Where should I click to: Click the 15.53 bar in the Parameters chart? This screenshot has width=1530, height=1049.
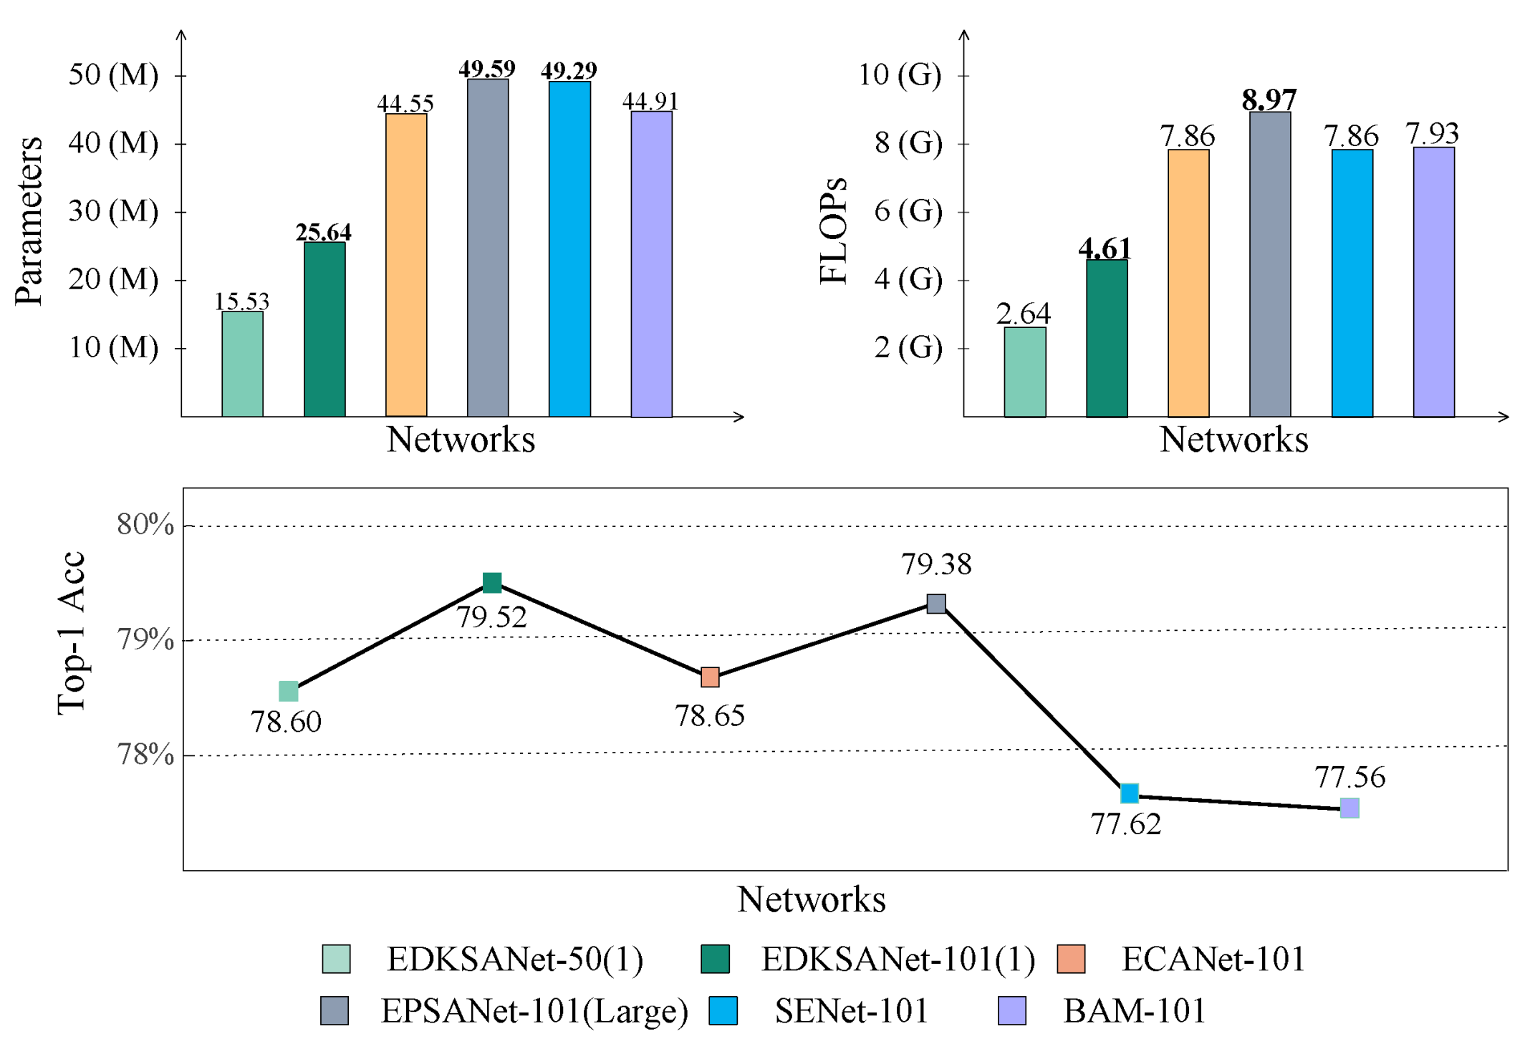tap(242, 364)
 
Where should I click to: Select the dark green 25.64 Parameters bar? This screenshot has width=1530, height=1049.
tap(324, 329)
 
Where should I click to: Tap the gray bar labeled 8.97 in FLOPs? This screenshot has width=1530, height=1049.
tap(1269, 264)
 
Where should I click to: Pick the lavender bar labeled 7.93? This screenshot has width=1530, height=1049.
tap(1433, 282)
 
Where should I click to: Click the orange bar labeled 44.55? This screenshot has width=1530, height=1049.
tap(406, 265)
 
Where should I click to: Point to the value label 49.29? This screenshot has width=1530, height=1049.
tap(569, 70)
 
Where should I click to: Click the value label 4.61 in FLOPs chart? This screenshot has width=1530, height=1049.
tap(1105, 248)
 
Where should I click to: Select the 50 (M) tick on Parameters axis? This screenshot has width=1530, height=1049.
tap(113, 74)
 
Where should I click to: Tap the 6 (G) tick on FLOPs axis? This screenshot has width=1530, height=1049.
tap(908, 211)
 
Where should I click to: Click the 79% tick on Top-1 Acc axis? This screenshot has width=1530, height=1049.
tap(145, 639)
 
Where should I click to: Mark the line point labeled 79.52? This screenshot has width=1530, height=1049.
tap(492, 583)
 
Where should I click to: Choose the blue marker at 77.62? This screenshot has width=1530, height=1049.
tap(1129, 793)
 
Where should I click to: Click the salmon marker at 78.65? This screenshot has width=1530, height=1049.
tap(710, 677)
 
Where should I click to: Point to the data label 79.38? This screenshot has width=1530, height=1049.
tap(936, 564)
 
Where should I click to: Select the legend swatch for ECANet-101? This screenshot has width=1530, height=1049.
tap(1071, 959)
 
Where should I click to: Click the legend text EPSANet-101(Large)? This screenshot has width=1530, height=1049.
tap(534, 1011)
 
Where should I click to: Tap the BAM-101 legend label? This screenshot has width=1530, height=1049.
tap(1135, 1011)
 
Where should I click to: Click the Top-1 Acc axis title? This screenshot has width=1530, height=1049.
tap(71, 633)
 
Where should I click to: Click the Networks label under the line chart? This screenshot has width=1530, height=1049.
tap(811, 899)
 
